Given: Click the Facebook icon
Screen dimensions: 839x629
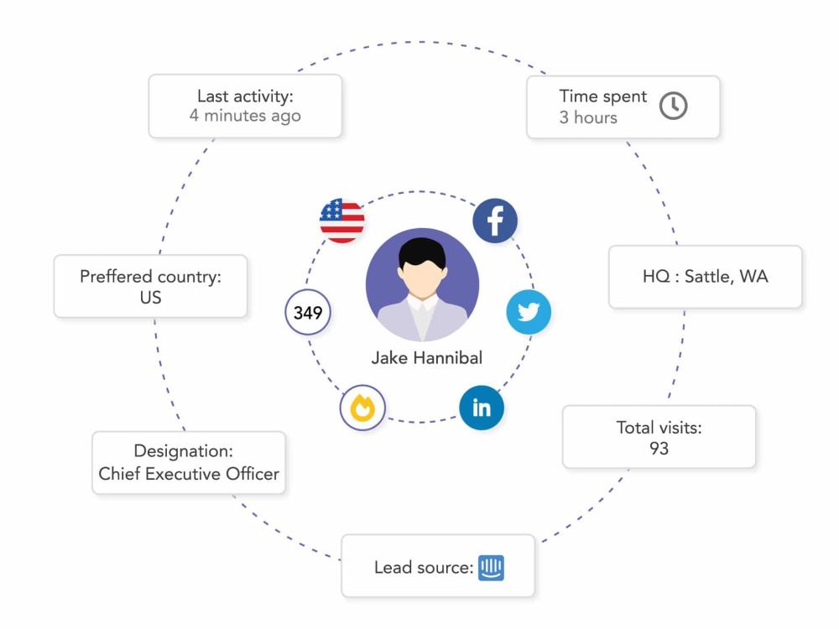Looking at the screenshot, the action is coord(495,221).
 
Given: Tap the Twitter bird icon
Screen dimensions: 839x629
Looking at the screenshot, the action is coord(529,312).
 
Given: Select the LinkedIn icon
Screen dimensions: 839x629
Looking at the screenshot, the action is coord(482,408).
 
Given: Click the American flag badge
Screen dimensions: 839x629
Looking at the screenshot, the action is coord(342,221).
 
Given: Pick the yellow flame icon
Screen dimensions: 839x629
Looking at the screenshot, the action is coord(362,408).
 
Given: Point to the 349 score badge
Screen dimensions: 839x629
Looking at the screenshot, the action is coord(308,312).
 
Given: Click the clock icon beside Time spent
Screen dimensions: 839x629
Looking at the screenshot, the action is coord(673,106).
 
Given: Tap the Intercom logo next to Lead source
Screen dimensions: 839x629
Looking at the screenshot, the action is coord(491,568).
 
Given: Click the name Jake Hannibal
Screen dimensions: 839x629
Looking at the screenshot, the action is coord(427,358).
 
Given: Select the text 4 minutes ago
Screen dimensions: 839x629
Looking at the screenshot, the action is coord(245,116).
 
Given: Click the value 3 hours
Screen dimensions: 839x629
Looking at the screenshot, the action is coord(588,117).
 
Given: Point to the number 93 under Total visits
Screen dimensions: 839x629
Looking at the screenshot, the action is coord(659,448).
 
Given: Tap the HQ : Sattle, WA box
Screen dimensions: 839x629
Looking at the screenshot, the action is coord(706,277).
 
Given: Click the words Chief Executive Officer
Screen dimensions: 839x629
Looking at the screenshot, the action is coord(189,474).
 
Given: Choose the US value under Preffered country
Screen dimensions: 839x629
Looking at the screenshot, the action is coord(150,298).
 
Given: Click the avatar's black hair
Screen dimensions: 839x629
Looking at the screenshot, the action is coord(422,253).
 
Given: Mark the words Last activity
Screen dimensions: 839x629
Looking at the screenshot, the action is coord(245,96).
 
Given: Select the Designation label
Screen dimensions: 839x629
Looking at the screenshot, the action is coord(184,451).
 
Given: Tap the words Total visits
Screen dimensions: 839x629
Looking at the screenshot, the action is coord(659,428).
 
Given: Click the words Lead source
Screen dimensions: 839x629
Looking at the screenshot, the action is coord(424,568).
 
